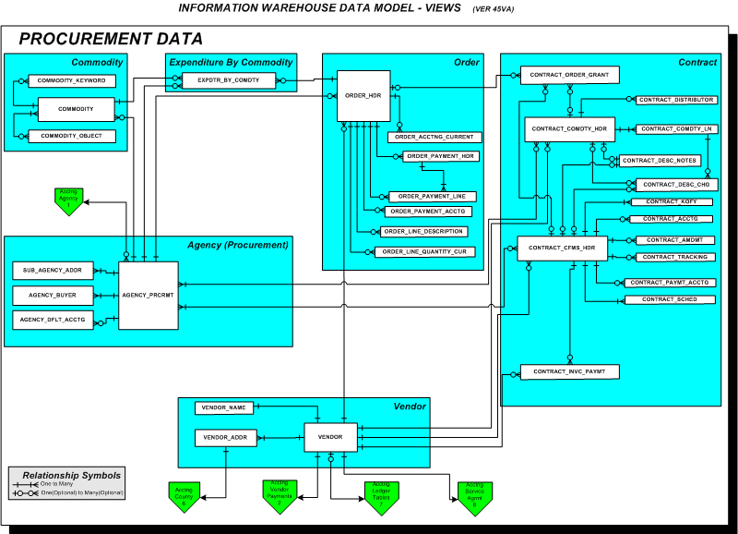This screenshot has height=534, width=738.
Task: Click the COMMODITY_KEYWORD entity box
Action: (x=71, y=81)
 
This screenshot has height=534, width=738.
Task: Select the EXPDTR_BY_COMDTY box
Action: (x=228, y=81)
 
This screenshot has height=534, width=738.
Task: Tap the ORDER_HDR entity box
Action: (x=363, y=95)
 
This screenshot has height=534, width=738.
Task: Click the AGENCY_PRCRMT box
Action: (x=148, y=295)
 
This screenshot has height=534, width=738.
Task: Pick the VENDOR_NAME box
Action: (x=224, y=407)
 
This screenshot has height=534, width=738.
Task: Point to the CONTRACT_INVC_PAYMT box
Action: (x=568, y=371)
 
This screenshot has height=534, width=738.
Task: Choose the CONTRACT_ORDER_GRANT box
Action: (x=568, y=74)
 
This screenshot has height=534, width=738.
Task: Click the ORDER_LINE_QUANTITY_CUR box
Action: (x=425, y=251)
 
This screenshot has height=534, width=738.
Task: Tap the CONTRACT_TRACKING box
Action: (x=674, y=257)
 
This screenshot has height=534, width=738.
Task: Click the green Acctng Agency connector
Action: (x=68, y=200)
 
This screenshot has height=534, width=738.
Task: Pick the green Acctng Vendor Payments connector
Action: (x=278, y=494)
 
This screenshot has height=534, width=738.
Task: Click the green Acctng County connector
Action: (x=184, y=495)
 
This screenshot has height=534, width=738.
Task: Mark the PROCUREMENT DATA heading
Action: (x=111, y=39)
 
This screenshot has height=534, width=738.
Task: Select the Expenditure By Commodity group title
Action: (x=232, y=62)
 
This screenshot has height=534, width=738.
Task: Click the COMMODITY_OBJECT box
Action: (x=71, y=136)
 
